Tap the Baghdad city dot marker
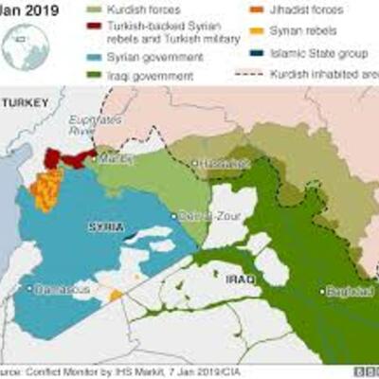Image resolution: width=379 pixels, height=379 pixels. [324, 290]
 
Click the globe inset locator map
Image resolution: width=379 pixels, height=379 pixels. [27, 45]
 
